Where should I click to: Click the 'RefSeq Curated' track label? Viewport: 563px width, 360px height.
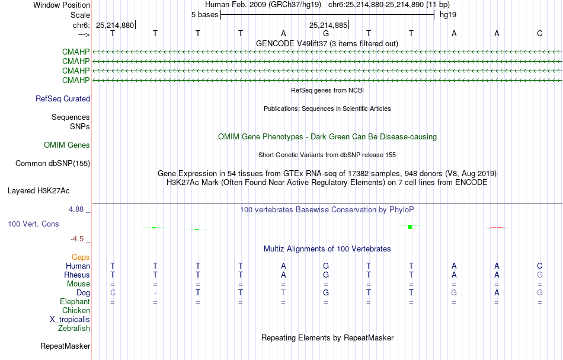63,99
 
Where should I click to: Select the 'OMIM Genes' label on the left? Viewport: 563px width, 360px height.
67,145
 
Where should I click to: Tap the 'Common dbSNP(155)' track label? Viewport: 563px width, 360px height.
53,164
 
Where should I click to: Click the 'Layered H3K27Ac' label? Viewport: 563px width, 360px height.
39,191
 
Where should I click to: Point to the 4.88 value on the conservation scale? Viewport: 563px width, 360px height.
76,209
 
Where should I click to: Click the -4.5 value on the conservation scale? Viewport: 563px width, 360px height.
77,239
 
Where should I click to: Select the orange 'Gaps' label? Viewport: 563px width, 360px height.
81,257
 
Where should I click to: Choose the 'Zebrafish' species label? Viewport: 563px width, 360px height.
74,328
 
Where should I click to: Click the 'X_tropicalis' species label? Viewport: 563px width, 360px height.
70,320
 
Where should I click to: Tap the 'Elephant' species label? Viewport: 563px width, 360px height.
75,301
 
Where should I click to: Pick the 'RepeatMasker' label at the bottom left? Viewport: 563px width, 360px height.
65,346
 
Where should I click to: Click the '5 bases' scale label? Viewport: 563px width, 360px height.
204,15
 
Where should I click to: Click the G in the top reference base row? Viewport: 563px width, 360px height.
326,33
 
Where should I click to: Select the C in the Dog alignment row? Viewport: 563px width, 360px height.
113,292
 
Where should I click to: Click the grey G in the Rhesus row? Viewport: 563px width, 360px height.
539,275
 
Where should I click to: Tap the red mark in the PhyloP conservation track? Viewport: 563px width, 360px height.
497,228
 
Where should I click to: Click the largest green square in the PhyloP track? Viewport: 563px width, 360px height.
410,227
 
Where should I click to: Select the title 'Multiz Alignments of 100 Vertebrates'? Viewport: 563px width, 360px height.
327,249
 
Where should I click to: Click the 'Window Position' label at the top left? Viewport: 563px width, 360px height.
62,5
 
